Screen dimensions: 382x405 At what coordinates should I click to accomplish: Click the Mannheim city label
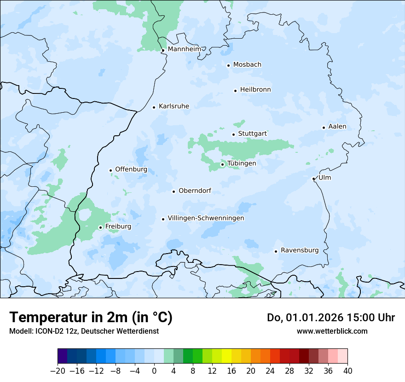click(x=184, y=49)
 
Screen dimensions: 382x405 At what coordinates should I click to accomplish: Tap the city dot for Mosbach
click(x=228, y=65)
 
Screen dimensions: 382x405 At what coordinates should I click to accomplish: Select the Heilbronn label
click(x=255, y=90)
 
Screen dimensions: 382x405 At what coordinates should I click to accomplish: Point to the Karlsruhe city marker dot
click(x=154, y=107)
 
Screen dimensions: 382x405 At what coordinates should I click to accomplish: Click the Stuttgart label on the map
click(x=252, y=133)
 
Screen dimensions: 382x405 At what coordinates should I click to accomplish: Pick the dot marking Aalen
click(x=324, y=127)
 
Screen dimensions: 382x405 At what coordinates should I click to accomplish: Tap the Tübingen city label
click(x=242, y=163)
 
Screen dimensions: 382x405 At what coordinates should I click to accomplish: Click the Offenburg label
click(x=131, y=169)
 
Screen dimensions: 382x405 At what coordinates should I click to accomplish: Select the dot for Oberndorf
click(x=174, y=191)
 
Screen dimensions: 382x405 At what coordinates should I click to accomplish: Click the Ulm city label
click(x=324, y=178)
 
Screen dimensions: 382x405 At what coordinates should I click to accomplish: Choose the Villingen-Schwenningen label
click(x=206, y=218)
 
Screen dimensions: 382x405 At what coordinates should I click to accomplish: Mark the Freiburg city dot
click(x=100, y=227)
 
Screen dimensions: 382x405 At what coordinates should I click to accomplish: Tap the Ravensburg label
click(x=300, y=250)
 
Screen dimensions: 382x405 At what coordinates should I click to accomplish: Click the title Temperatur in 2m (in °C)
click(x=91, y=318)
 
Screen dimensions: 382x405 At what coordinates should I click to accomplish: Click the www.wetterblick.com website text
click(x=332, y=331)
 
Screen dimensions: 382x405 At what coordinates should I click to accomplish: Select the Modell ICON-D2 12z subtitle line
click(x=83, y=331)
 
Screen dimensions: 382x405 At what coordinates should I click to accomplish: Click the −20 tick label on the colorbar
click(x=58, y=371)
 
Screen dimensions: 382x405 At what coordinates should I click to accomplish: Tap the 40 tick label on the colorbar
click(x=347, y=371)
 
